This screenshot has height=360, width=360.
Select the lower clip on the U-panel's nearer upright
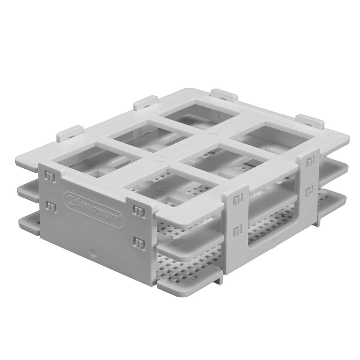point(237,230)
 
